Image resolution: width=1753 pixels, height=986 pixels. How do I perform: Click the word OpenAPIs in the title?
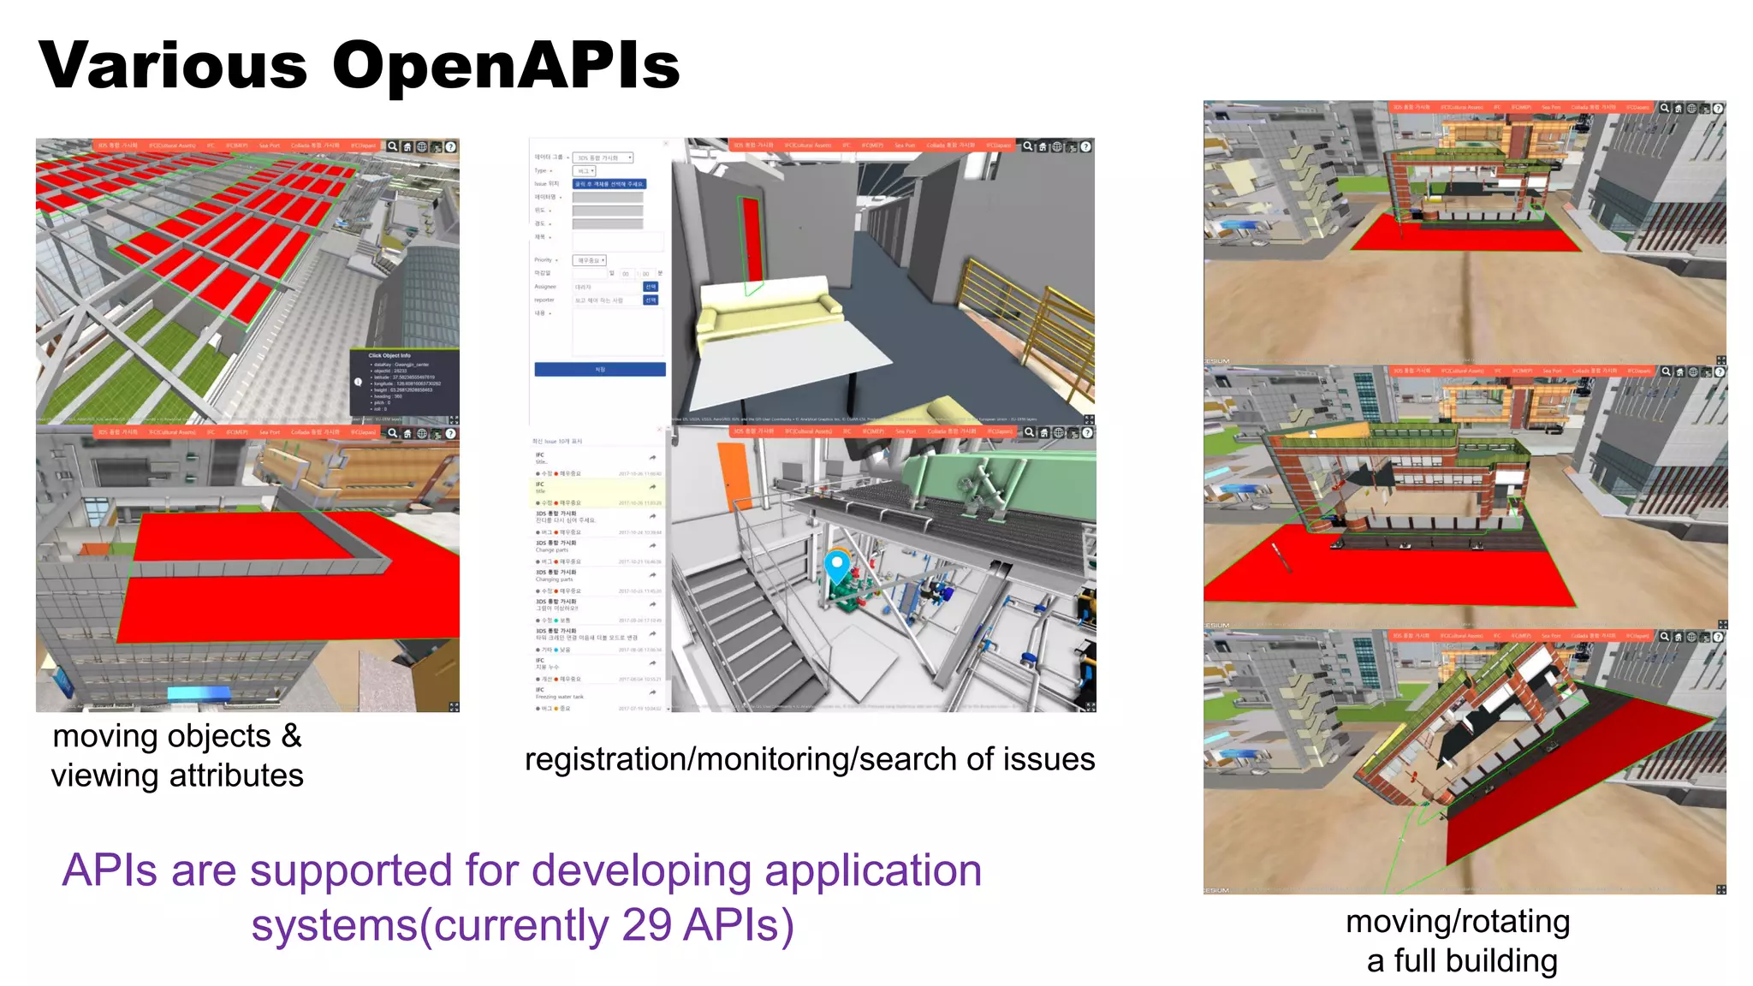click(506, 67)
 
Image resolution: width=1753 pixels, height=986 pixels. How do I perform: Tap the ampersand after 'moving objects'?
click(292, 737)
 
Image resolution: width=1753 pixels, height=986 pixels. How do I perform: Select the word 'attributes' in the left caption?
click(236, 775)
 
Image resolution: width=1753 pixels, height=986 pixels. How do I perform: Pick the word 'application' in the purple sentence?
click(872, 870)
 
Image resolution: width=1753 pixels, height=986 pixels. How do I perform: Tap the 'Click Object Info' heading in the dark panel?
click(389, 355)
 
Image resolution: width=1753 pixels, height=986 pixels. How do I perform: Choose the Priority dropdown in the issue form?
click(590, 260)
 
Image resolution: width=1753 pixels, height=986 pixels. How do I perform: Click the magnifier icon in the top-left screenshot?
click(392, 146)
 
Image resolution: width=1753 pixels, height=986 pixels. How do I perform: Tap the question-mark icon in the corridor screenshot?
click(1085, 147)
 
